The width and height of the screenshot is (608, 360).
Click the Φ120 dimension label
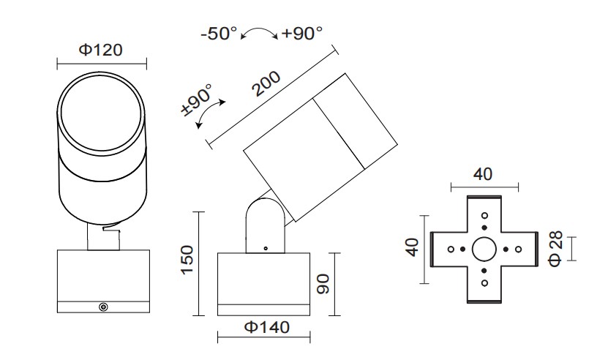[x=101, y=50]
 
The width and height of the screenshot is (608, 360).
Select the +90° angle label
[x=301, y=34]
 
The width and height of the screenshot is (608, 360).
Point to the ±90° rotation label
[x=196, y=101]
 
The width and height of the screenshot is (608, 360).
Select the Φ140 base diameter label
[x=265, y=327]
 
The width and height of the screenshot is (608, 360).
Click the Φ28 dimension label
[x=558, y=248]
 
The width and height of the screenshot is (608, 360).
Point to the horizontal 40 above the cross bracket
[x=484, y=174]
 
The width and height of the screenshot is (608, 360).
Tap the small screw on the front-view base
[x=103, y=307]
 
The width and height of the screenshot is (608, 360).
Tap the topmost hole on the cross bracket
[x=484, y=216]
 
